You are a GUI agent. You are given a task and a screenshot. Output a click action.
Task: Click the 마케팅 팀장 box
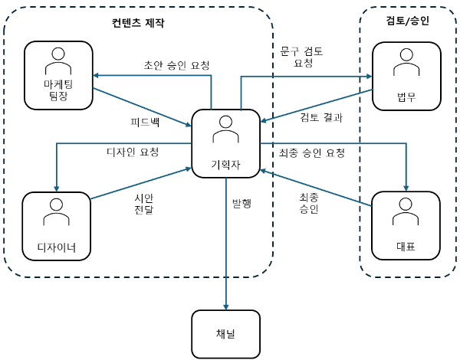pos(58,75)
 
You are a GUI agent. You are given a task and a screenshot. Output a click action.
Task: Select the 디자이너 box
pos(56,226)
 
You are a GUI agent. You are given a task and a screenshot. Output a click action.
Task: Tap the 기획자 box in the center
pos(226,143)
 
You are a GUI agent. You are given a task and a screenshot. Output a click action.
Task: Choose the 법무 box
pos(406,77)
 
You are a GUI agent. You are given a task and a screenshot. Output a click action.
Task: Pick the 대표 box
pos(406,226)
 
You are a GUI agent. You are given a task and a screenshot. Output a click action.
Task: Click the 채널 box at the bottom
pos(226,334)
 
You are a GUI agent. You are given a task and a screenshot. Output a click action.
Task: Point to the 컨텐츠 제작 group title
pos(138,22)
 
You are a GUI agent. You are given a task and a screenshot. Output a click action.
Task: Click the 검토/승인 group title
pos(408,21)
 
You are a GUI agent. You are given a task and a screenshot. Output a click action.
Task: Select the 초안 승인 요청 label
pos(176,65)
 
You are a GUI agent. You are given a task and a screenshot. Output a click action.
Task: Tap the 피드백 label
pos(145,122)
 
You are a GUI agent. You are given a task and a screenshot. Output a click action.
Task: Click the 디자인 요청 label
pos(133,152)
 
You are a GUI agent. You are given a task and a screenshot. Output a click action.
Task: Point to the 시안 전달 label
pos(144,204)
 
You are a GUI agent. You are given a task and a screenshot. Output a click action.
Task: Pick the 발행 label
pos(242,203)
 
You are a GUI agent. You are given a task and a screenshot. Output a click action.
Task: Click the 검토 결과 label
pos(321,117)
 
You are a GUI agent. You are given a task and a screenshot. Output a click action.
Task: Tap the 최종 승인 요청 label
pos(312,152)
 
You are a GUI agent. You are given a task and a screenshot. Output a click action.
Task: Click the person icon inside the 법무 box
pos(406,63)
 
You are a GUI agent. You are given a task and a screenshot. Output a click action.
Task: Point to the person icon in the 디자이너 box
pos(56,212)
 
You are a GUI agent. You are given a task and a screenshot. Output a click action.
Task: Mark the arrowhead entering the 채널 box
pos(226,307)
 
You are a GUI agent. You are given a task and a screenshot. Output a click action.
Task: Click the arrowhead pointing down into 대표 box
pos(406,188)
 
